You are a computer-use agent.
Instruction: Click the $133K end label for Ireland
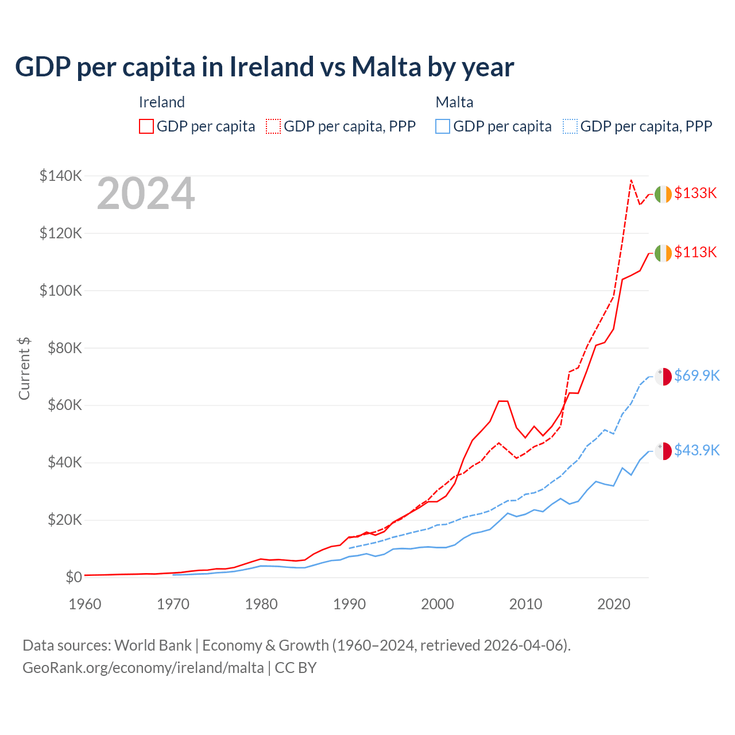click(695, 194)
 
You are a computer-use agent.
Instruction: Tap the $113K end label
click(695, 253)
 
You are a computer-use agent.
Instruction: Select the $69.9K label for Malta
click(697, 376)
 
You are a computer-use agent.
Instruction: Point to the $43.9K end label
click(697, 451)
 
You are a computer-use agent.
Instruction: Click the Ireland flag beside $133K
click(663, 195)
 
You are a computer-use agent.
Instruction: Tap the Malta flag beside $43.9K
click(663, 451)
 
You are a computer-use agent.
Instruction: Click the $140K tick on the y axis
click(61, 176)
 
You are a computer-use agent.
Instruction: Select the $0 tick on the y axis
click(73, 577)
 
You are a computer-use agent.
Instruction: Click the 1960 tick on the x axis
click(85, 604)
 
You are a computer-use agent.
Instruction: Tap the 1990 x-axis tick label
click(349, 604)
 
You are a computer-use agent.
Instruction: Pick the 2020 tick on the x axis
click(614, 604)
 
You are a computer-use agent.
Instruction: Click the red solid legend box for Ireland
click(146, 126)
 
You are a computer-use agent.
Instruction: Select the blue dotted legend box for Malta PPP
click(570, 126)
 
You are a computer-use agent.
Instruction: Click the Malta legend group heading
click(455, 102)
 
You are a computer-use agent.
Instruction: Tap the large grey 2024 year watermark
click(146, 194)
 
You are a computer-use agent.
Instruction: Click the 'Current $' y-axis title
click(24, 369)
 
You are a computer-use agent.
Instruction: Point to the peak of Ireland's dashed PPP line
click(631, 180)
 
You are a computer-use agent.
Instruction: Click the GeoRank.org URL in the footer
click(143, 668)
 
